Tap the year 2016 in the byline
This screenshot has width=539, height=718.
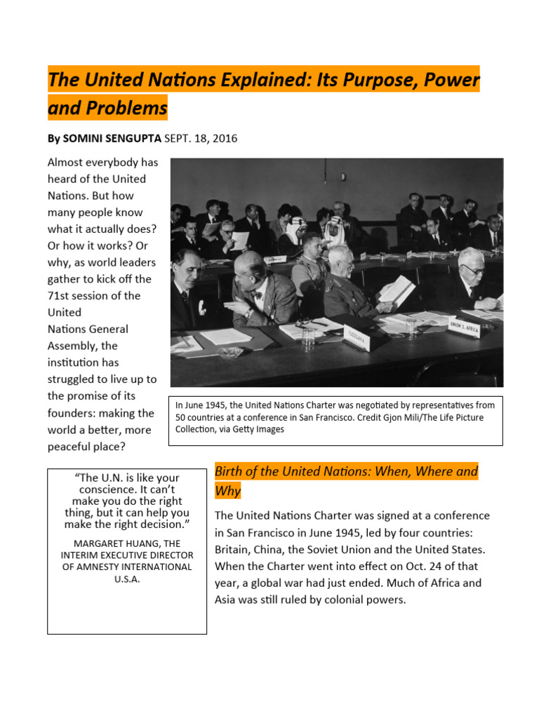click(225, 139)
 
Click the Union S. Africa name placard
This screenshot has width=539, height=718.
click(463, 325)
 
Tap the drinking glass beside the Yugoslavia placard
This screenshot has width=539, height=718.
click(309, 339)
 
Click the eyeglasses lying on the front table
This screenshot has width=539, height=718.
click(307, 324)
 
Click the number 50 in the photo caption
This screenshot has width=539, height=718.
click(181, 417)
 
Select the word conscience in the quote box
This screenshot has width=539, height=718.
click(127, 489)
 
